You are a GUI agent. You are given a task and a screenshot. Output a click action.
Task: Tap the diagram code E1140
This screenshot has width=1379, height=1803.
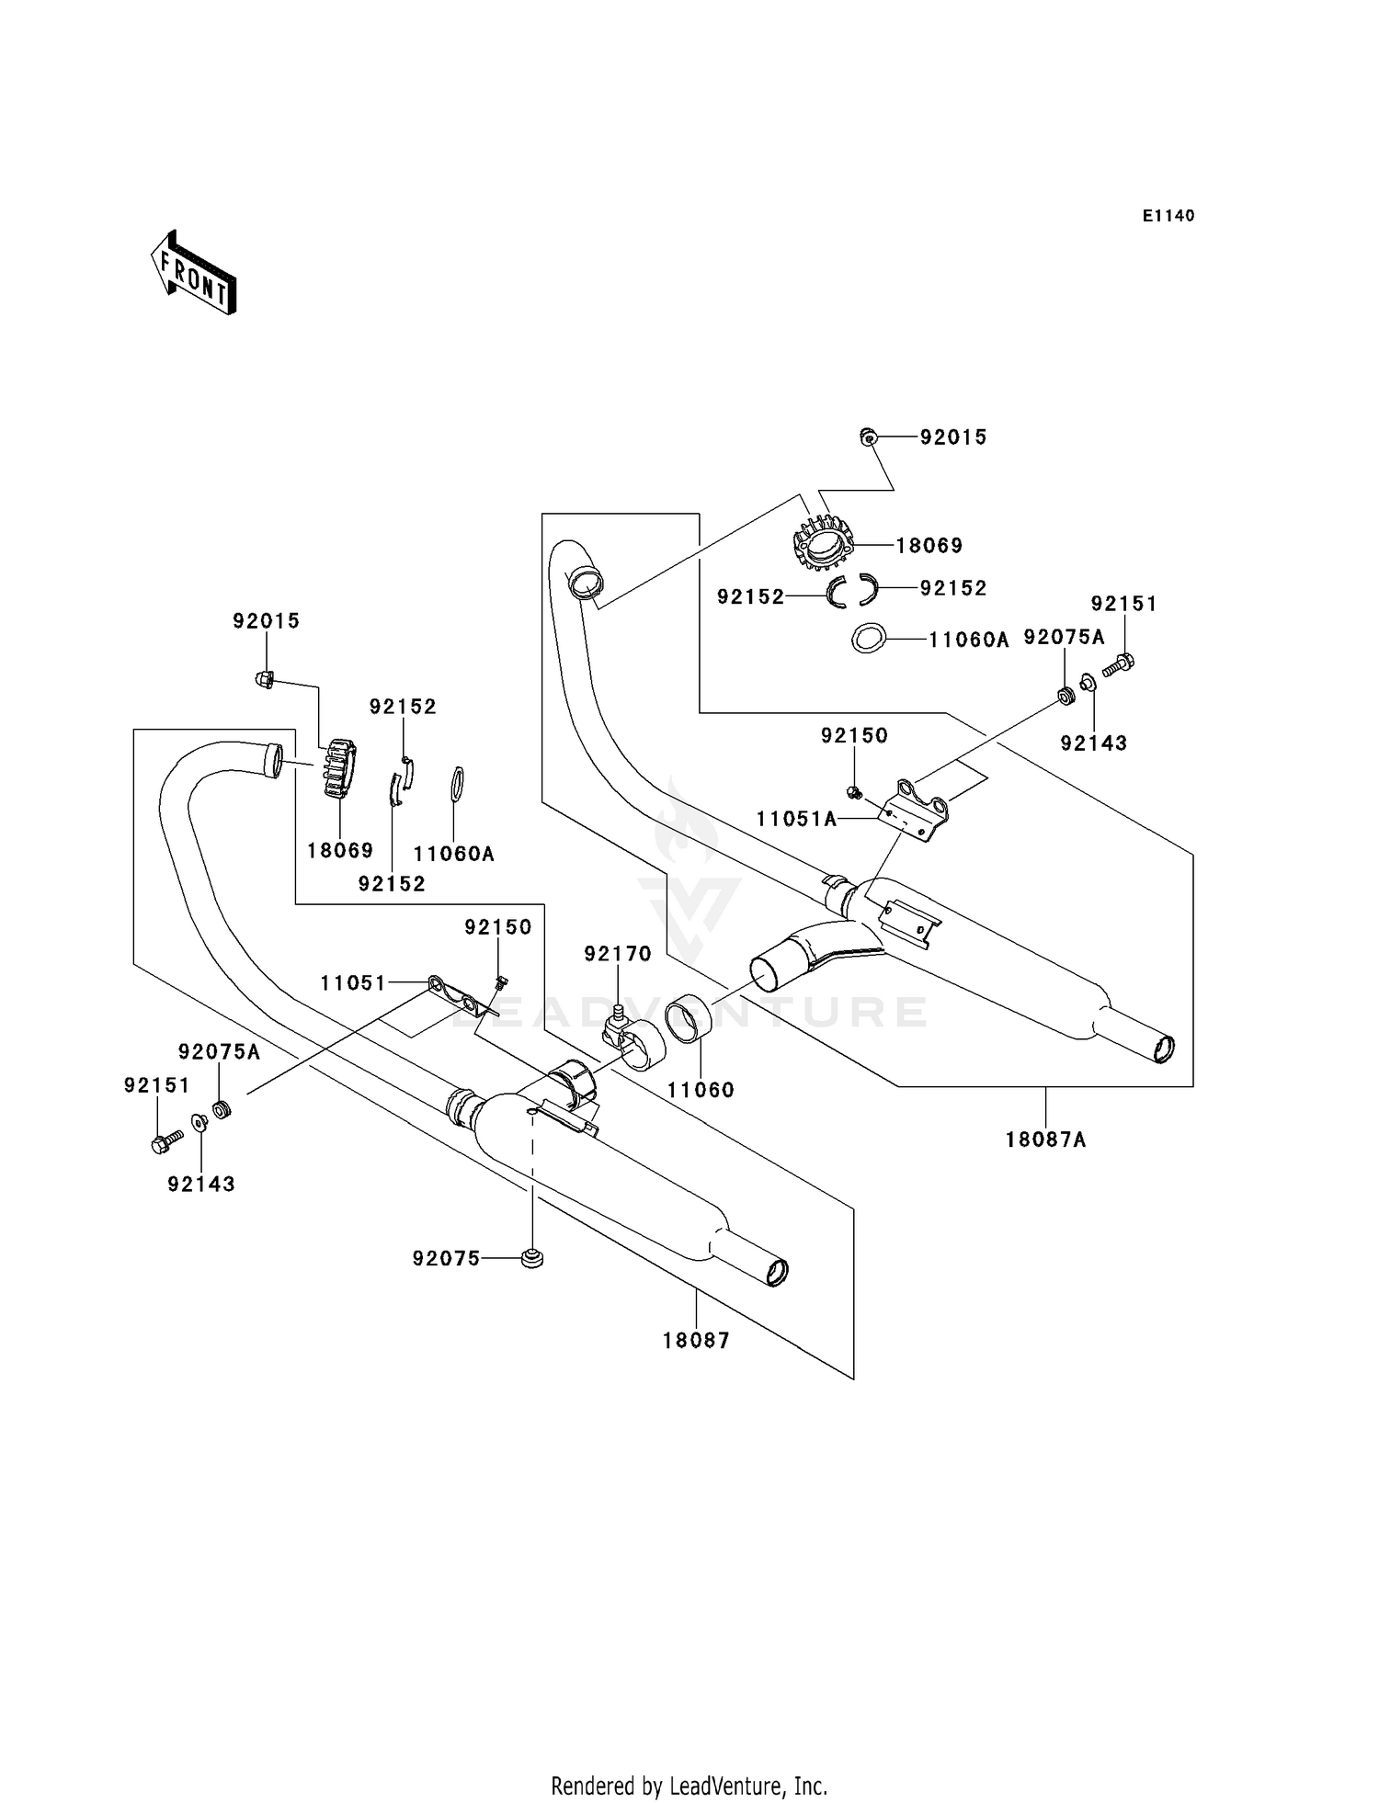pyautogui.click(x=1168, y=216)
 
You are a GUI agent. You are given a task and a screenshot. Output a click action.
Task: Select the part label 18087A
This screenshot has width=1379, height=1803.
pyautogui.click(x=1045, y=1140)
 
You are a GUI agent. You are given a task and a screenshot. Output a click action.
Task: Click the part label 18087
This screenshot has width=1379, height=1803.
pyautogui.click(x=696, y=1341)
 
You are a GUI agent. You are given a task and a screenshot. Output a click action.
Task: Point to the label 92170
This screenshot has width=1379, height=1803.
pyautogui.click(x=617, y=954)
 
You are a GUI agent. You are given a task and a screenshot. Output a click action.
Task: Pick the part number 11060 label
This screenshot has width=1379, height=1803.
pyautogui.click(x=701, y=1090)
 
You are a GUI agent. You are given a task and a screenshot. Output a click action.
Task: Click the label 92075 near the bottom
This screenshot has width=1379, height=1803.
pyautogui.click(x=446, y=1259)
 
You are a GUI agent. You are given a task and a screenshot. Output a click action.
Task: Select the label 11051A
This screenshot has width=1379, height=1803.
pyautogui.click(x=797, y=819)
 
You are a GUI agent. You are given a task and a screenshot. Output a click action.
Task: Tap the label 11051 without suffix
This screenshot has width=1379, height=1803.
pyautogui.click(x=353, y=983)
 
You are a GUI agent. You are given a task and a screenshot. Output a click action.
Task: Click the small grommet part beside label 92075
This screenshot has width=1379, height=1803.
pyautogui.click(x=531, y=1258)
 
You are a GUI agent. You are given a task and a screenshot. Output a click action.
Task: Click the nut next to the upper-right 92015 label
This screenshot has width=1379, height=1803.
pyautogui.click(x=868, y=437)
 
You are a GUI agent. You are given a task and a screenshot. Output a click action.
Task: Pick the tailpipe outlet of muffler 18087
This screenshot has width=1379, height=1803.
pyautogui.click(x=777, y=1273)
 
